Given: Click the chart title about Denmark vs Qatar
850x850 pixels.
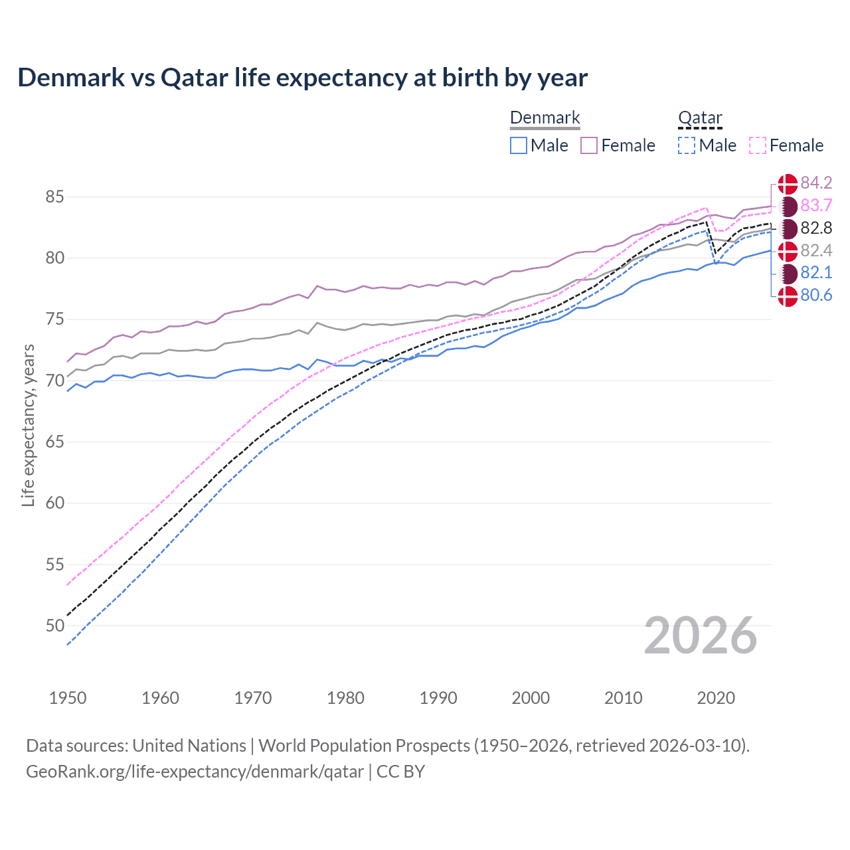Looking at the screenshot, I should pyautogui.click(x=302, y=78).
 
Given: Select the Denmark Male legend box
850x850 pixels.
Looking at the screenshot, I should pyautogui.click(x=519, y=145).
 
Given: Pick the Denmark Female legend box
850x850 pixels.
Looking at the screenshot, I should pyautogui.click(x=589, y=145).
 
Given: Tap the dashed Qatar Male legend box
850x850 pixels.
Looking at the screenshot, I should pyautogui.click(x=687, y=145).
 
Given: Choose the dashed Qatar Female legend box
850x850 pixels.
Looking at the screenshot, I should pyautogui.click(x=758, y=145).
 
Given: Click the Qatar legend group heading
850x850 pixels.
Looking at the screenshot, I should pyautogui.click(x=700, y=118).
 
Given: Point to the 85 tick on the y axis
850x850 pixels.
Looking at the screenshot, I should pyautogui.click(x=55, y=197).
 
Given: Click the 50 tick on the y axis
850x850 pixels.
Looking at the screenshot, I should pyautogui.click(x=55, y=626).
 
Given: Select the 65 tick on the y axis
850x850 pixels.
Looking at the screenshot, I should pyautogui.click(x=55, y=442).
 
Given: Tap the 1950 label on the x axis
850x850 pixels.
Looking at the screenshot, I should pyautogui.click(x=68, y=698).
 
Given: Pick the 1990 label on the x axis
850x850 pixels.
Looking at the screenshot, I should pyautogui.click(x=438, y=698).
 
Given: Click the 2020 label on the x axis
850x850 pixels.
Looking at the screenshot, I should pyautogui.click(x=716, y=698).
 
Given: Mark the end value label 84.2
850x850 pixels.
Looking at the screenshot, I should pyautogui.click(x=816, y=183).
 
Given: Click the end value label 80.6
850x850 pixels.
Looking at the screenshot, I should pyautogui.click(x=816, y=296).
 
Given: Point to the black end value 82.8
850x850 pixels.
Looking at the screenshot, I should pyautogui.click(x=816, y=228).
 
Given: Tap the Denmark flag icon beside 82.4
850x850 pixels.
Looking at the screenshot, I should pyautogui.click(x=788, y=251).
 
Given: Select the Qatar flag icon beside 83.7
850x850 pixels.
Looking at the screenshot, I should pyautogui.click(x=788, y=206).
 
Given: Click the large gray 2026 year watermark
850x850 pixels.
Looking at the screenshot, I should pyautogui.click(x=700, y=636).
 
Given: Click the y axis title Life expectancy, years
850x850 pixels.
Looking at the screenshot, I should pyautogui.click(x=29, y=426).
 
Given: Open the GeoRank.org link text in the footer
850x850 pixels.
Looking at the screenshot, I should pyautogui.click(x=195, y=772).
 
